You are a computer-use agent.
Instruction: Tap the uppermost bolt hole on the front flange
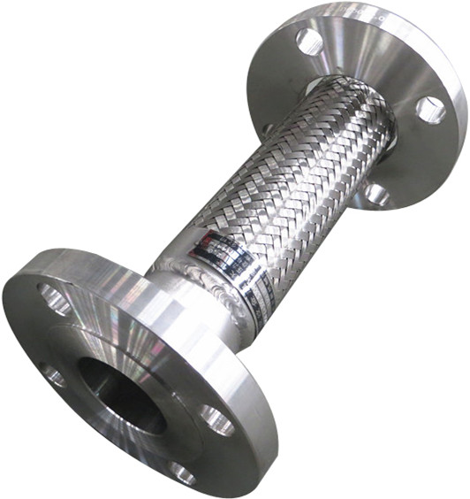(x=55, y=298)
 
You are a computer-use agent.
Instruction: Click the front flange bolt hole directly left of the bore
(x=52, y=377)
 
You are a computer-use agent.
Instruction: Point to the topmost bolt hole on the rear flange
(x=310, y=41)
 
